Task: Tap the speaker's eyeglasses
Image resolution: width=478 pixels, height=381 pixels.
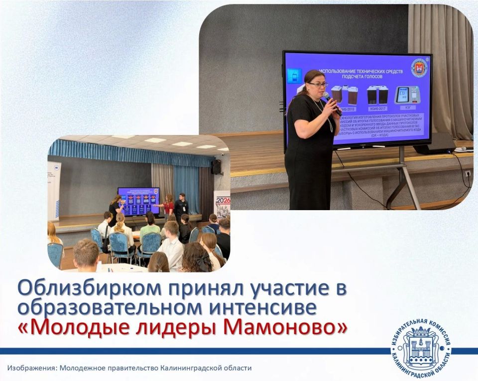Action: pos(318,85)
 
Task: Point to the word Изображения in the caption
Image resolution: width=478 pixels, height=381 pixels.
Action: pos(31,369)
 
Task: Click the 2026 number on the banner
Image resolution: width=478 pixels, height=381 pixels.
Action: pos(223,202)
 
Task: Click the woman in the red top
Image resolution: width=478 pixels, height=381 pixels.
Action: pos(169,205)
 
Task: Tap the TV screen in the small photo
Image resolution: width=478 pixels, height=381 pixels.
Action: pos(138,201)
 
